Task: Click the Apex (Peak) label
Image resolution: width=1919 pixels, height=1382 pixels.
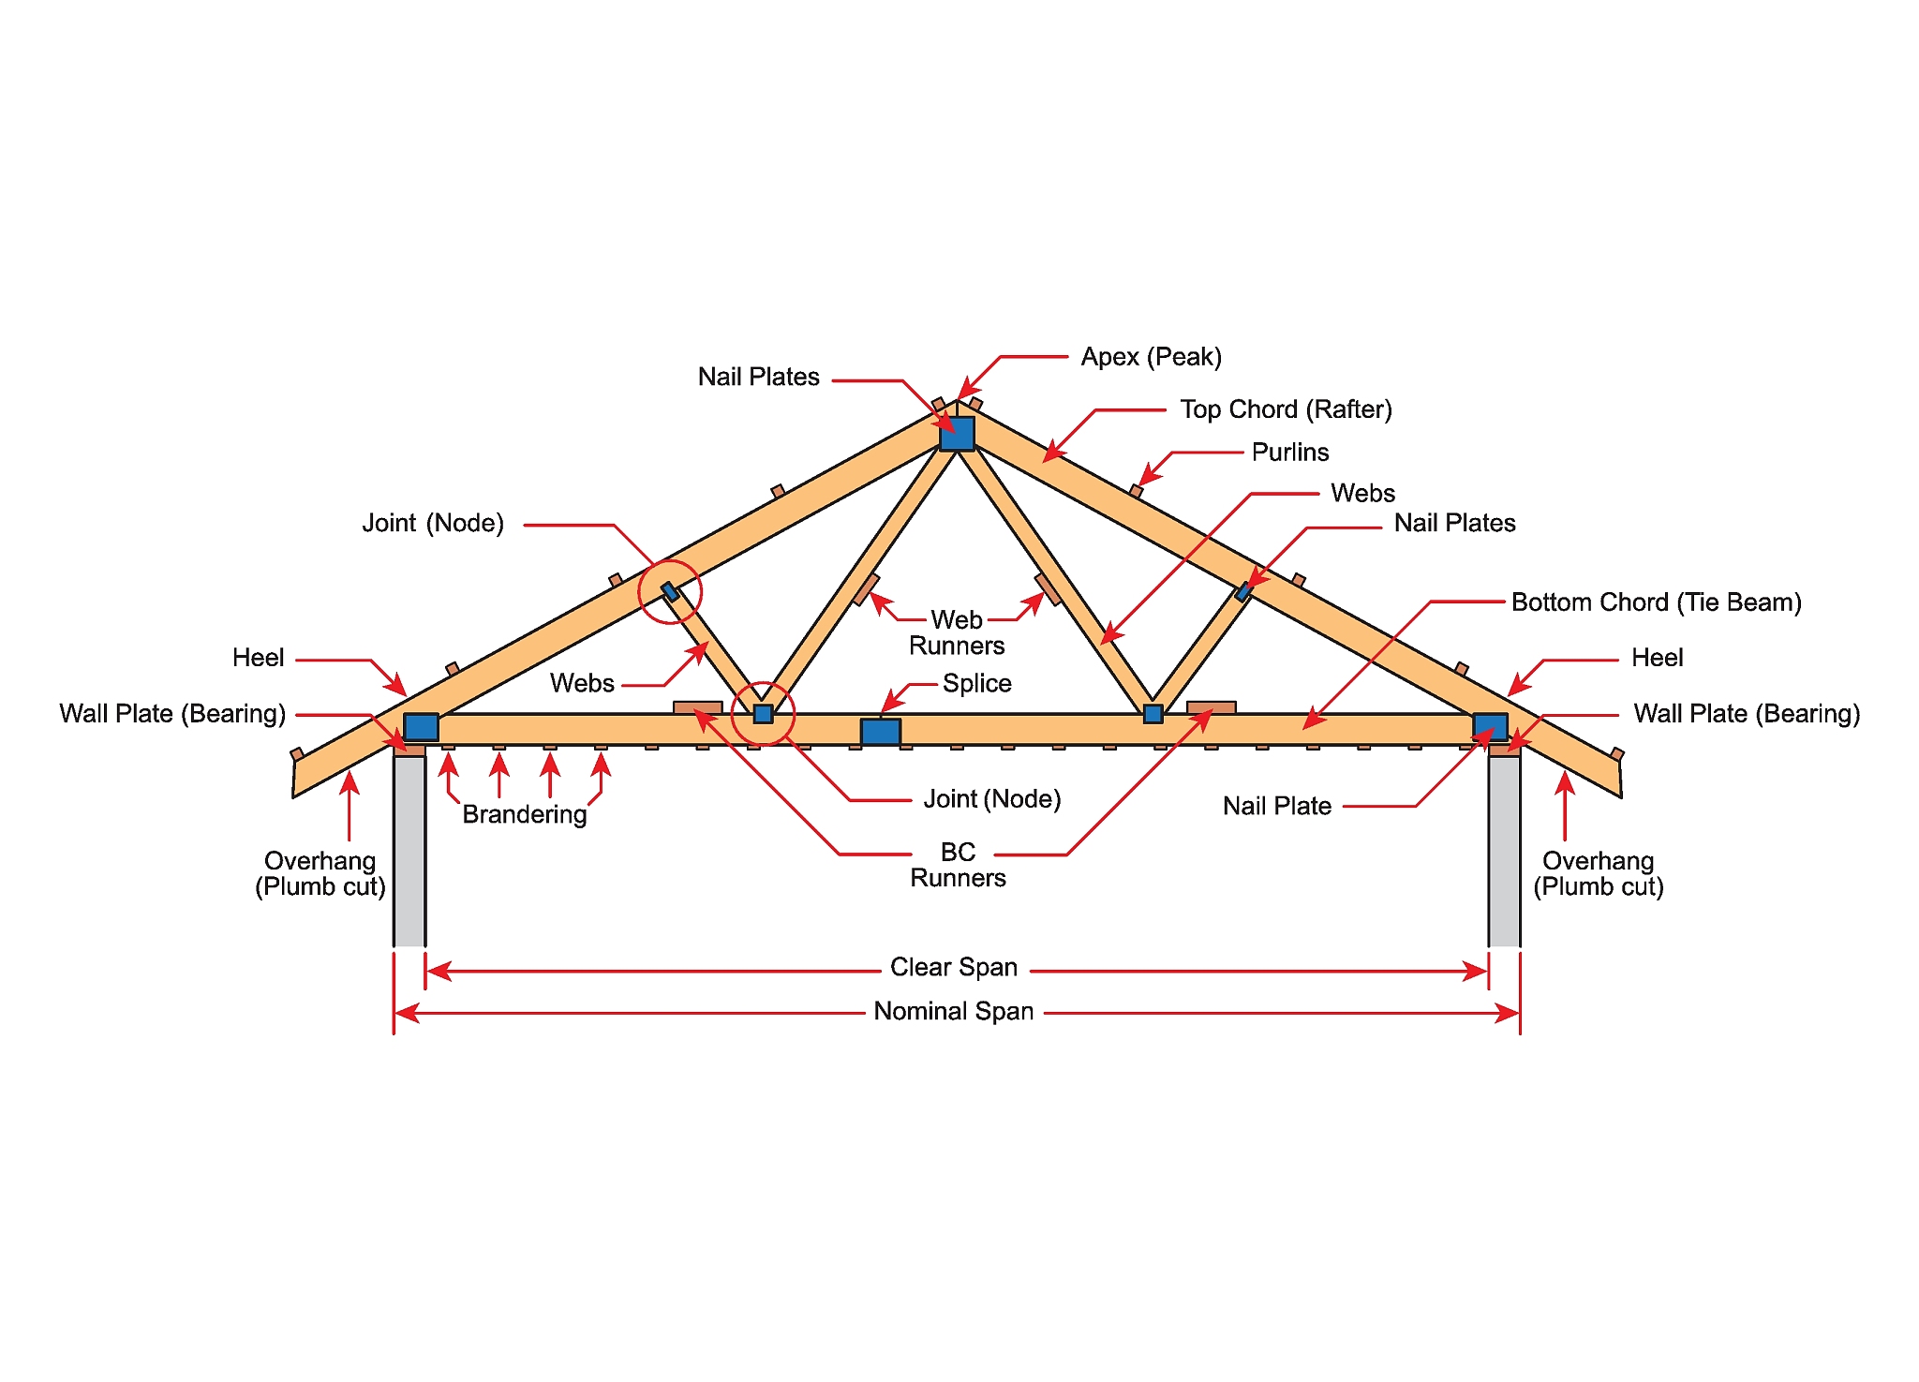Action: click(x=1151, y=357)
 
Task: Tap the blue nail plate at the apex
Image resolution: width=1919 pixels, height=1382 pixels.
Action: click(x=957, y=434)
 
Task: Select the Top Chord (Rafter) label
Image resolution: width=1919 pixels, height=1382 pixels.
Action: click(x=1286, y=409)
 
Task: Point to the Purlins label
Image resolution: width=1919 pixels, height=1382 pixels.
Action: click(x=1290, y=453)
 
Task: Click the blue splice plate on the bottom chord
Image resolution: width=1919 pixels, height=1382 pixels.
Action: click(x=880, y=732)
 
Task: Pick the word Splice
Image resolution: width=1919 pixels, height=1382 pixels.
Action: click(x=976, y=683)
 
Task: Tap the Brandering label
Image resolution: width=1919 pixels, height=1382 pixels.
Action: click(x=525, y=814)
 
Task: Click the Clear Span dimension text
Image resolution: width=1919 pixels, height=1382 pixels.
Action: click(x=953, y=967)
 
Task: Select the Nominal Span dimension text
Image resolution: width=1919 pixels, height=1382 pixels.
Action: click(x=953, y=1012)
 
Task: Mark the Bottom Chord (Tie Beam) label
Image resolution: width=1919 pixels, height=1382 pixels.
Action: click(x=1656, y=602)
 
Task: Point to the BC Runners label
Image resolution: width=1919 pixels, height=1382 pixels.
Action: click(x=958, y=865)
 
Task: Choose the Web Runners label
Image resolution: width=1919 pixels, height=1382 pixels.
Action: click(x=957, y=632)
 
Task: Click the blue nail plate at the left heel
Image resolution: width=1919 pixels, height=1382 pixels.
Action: click(x=421, y=727)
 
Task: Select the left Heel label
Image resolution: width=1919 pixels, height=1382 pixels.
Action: click(x=258, y=658)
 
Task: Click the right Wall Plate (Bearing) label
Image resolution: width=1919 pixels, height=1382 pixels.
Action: click(x=1747, y=714)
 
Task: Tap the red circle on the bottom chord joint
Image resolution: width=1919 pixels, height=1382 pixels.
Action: click(x=764, y=714)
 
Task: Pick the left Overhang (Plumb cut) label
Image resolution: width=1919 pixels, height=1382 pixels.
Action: click(x=320, y=873)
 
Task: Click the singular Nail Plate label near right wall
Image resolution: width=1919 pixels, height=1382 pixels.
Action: click(x=1276, y=806)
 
